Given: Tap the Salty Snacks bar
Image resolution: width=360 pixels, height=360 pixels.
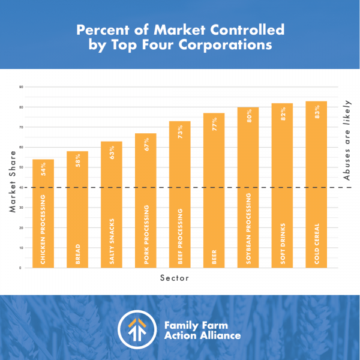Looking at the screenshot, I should (x=111, y=204).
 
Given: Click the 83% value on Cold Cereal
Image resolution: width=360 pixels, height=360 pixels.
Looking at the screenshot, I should (x=316, y=111).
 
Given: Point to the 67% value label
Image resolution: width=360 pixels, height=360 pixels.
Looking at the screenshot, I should (x=145, y=144).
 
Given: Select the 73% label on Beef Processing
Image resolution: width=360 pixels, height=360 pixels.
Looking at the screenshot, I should (x=179, y=132).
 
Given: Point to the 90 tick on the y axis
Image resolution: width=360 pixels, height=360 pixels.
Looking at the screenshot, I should (x=21, y=88).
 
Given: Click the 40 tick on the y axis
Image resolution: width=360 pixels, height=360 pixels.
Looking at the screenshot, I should (x=21, y=188).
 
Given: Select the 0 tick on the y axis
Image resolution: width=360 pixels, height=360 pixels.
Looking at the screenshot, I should (x=22, y=268).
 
